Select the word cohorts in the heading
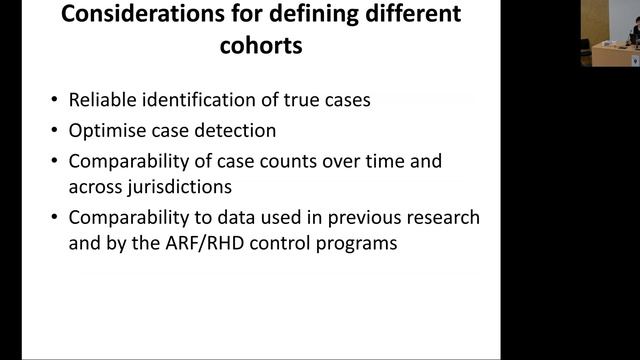[x=262, y=47]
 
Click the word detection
[x=232, y=131]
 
